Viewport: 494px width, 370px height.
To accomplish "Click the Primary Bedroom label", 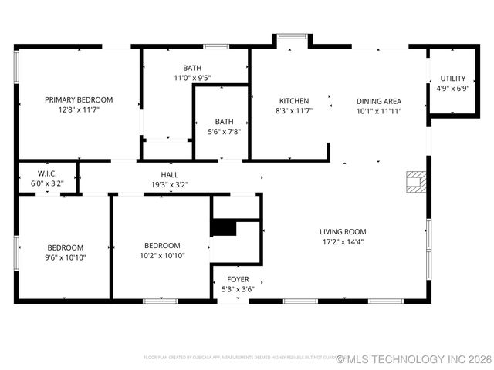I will click(79, 99).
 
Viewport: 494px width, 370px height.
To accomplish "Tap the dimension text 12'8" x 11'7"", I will click(79, 110).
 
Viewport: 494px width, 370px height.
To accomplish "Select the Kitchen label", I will click(294, 101).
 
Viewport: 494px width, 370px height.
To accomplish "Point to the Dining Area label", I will click(378, 101).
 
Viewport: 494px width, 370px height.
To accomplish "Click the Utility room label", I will click(452, 79).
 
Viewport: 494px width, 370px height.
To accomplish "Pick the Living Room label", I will click(343, 231).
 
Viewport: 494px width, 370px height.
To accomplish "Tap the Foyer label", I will click(237, 278).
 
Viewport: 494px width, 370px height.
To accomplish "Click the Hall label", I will click(170, 174).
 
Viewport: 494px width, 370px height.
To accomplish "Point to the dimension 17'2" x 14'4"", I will click(343, 242).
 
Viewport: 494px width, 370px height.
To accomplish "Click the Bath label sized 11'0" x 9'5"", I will click(192, 68).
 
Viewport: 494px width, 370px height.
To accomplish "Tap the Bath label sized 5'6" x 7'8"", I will click(224, 121).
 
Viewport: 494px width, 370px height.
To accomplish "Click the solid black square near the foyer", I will click(224, 228).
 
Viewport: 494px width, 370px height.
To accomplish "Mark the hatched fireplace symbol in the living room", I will click(415, 181).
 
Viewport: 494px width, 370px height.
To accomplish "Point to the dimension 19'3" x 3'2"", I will click(170, 185).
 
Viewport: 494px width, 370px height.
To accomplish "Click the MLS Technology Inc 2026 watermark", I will click(414, 359).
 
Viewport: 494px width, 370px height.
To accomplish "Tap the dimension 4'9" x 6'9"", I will click(452, 89).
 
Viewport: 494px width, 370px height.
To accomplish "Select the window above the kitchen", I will click(291, 35).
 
